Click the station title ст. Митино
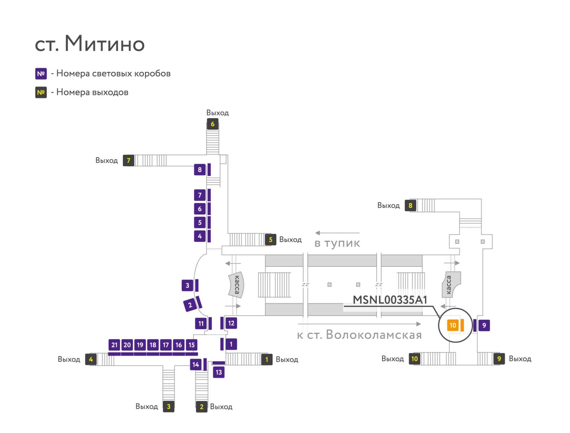89,43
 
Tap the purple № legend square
41,73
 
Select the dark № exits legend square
41,92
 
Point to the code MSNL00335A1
389,300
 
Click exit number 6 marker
212,124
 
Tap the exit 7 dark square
129,160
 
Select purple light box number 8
200,169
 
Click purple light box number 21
114,345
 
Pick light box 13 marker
219,372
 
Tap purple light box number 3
187,285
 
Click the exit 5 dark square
270,239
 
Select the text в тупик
337,243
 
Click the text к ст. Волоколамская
359,334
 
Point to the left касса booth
236,285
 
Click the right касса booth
451,285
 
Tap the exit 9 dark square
499,359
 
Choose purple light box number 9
484,325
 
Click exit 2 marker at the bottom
202,407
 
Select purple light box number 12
231,323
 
